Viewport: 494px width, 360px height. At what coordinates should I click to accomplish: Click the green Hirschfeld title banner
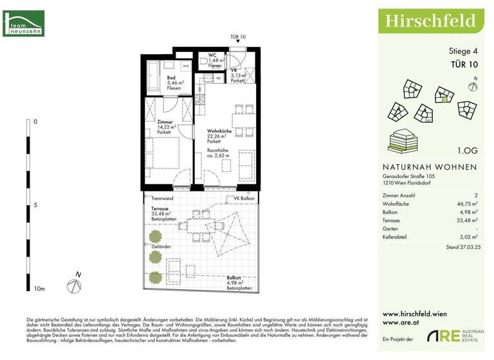point(430,21)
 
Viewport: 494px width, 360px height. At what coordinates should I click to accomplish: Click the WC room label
point(212,55)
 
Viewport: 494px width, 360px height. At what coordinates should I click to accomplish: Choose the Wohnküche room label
point(219,130)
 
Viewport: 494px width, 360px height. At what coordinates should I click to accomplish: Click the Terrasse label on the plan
point(161,210)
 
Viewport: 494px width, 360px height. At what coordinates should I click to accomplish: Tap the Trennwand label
point(163,199)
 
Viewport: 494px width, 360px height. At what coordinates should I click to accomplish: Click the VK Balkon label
point(244,199)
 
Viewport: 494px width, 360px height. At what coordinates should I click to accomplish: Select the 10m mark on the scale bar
point(39,289)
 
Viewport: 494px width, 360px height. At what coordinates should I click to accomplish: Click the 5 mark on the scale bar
point(35,205)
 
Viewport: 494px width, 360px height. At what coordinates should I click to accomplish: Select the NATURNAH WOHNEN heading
point(425,167)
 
